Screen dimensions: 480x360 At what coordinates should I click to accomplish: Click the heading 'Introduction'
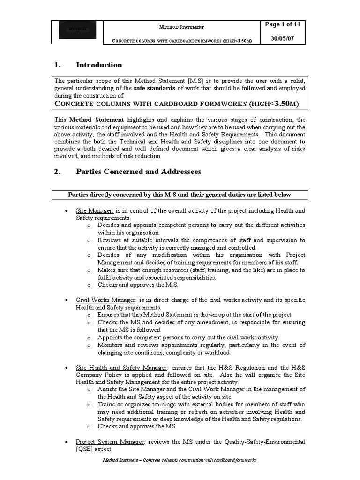click(99, 65)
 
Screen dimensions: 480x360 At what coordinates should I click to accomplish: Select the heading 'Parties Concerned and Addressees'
click(138, 172)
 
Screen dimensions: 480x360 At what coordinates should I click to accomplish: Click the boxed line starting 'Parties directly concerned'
click(180, 195)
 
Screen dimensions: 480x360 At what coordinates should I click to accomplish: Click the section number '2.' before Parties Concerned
click(58, 172)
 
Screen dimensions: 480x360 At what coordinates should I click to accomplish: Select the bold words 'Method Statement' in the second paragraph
click(97, 120)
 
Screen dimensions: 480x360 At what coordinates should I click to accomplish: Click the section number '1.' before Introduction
click(58, 65)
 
